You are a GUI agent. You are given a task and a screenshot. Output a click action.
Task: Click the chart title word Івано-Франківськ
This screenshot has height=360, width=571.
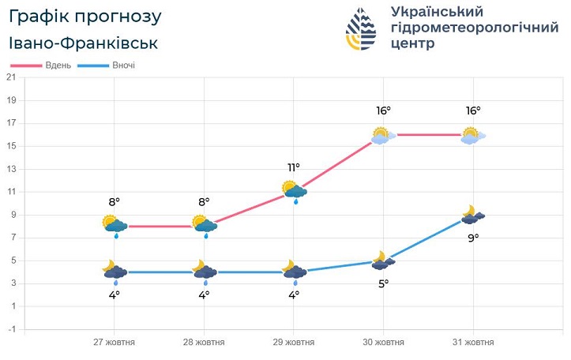(x=85, y=43)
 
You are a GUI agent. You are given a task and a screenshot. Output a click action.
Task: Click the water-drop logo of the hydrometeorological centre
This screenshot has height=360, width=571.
(x=360, y=29)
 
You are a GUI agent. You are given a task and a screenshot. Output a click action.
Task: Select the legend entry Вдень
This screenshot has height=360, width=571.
(x=58, y=66)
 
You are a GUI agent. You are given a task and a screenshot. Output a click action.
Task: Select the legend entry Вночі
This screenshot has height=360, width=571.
(x=123, y=66)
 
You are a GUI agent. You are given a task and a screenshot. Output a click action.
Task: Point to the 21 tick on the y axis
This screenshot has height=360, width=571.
(x=11, y=77)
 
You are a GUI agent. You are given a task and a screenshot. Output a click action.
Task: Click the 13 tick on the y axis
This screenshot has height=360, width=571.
(x=11, y=169)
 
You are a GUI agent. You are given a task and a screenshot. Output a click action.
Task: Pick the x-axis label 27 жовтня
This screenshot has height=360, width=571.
(x=114, y=343)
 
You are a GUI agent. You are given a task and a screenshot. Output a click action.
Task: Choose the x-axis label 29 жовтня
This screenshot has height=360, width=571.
(x=294, y=343)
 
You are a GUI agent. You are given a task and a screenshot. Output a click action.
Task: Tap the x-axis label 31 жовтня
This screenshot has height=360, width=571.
(x=473, y=343)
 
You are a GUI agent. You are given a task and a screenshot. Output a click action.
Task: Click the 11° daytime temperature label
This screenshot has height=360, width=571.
(x=294, y=167)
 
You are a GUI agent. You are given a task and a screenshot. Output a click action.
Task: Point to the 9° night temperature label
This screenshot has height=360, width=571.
(x=473, y=237)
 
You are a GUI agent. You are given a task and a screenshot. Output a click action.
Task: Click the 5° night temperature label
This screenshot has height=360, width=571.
(x=384, y=283)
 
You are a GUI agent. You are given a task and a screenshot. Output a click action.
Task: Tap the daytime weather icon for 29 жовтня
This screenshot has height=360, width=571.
(x=294, y=190)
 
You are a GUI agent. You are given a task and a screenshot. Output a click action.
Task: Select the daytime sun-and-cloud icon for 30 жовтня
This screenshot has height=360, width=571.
(x=384, y=135)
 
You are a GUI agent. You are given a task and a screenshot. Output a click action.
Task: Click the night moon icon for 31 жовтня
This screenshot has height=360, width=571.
(x=473, y=215)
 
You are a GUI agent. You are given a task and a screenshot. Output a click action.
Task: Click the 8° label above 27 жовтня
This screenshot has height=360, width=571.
(x=114, y=202)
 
